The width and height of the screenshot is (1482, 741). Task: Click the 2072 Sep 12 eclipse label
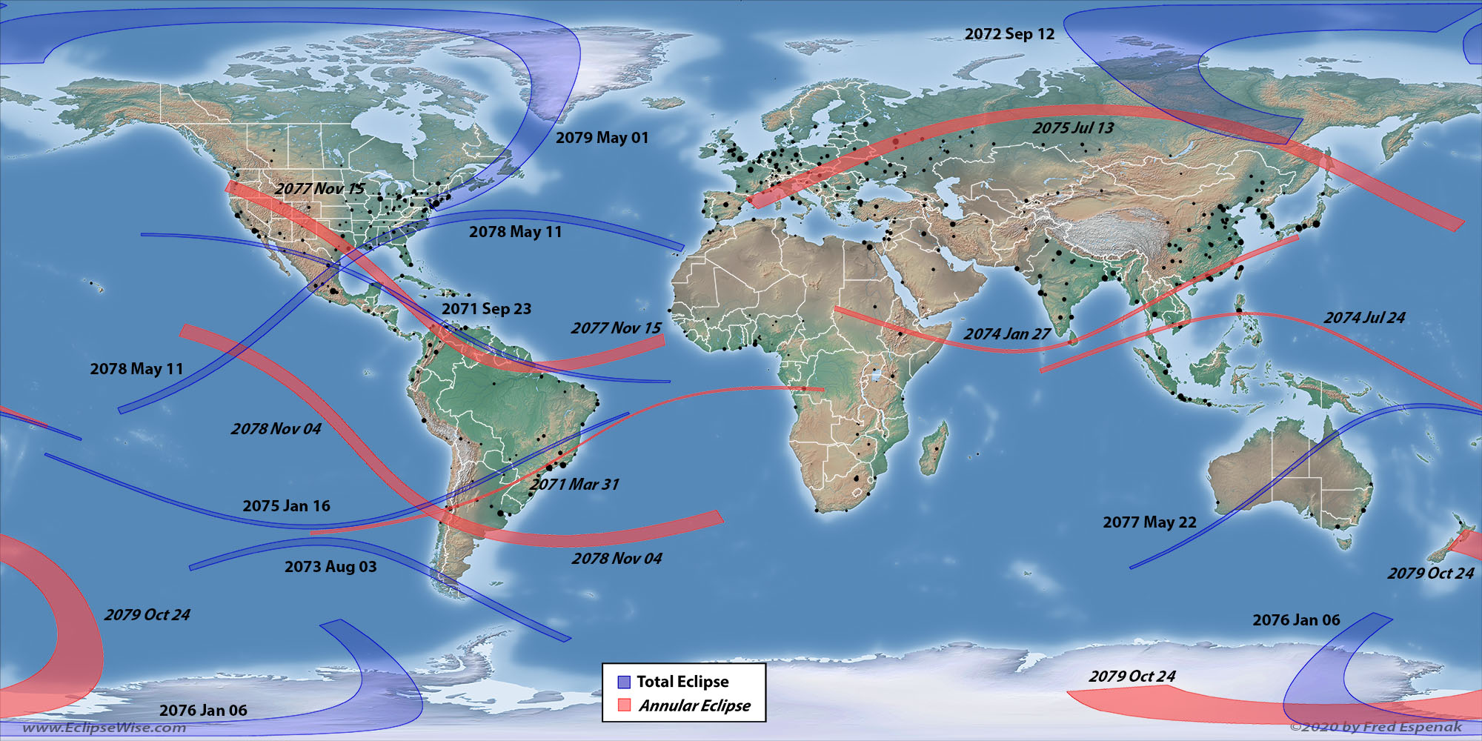click(x=1009, y=34)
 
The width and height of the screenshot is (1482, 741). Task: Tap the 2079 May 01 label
click(x=602, y=138)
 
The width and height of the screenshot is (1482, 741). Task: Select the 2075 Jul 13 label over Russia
click(x=1073, y=128)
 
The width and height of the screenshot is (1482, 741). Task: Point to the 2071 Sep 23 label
click(x=486, y=309)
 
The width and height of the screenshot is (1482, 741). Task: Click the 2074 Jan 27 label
click(x=1006, y=334)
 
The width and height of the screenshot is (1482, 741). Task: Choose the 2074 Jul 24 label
click(x=1364, y=318)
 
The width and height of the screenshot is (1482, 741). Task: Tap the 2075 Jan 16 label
click(x=286, y=506)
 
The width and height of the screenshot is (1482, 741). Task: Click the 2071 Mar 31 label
click(x=574, y=485)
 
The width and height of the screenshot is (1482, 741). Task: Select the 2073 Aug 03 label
click(x=330, y=567)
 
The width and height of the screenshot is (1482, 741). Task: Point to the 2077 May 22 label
click(x=1149, y=522)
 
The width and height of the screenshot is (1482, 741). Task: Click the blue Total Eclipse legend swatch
click(x=624, y=682)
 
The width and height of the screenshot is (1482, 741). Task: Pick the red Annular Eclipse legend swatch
click(x=624, y=705)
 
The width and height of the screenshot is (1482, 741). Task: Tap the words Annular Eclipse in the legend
click(x=694, y=705)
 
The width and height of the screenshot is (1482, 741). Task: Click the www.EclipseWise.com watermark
click(x=104, y=728)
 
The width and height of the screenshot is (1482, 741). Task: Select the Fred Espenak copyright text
click(x=1375, y=727)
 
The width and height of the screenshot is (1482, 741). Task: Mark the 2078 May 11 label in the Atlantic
click(x=515, y=232)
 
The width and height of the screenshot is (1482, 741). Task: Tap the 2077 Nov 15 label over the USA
click(x=319, y=189)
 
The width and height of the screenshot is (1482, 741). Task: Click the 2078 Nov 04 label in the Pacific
click(x=276, y=429)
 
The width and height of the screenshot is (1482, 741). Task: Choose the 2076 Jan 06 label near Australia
click(x=1296, y=620)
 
